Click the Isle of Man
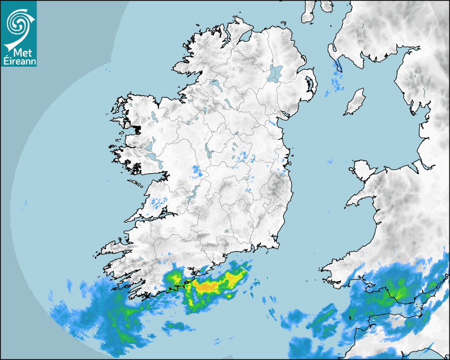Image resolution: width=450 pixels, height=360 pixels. click(355, 102)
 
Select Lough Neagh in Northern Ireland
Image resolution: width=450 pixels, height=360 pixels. click(275, 73)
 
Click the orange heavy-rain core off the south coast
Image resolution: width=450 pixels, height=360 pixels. click(208, 286)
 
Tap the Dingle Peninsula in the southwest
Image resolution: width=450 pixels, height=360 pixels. click(114, 247)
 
